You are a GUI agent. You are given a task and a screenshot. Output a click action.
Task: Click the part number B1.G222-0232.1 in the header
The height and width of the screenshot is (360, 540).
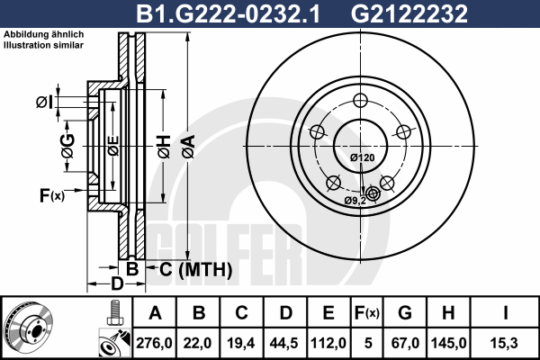point(228,13)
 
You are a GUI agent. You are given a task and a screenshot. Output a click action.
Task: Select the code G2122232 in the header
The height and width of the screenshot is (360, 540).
point(409,13)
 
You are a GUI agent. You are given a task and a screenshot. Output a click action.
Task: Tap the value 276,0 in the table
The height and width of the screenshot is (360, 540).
point(154,343)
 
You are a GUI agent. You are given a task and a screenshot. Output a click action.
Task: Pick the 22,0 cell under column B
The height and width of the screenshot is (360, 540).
point(197,343)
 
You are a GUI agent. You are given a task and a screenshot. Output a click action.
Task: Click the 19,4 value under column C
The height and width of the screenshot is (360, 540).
point(241,343)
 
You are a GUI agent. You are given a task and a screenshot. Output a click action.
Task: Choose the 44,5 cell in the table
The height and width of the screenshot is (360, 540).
point(284,343)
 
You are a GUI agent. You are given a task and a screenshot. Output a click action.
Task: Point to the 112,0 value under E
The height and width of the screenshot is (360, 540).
point(328,343)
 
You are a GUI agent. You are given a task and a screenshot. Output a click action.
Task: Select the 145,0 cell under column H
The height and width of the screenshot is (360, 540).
point(449,343)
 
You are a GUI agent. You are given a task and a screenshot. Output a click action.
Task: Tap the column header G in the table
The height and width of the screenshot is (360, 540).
point(405,313)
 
